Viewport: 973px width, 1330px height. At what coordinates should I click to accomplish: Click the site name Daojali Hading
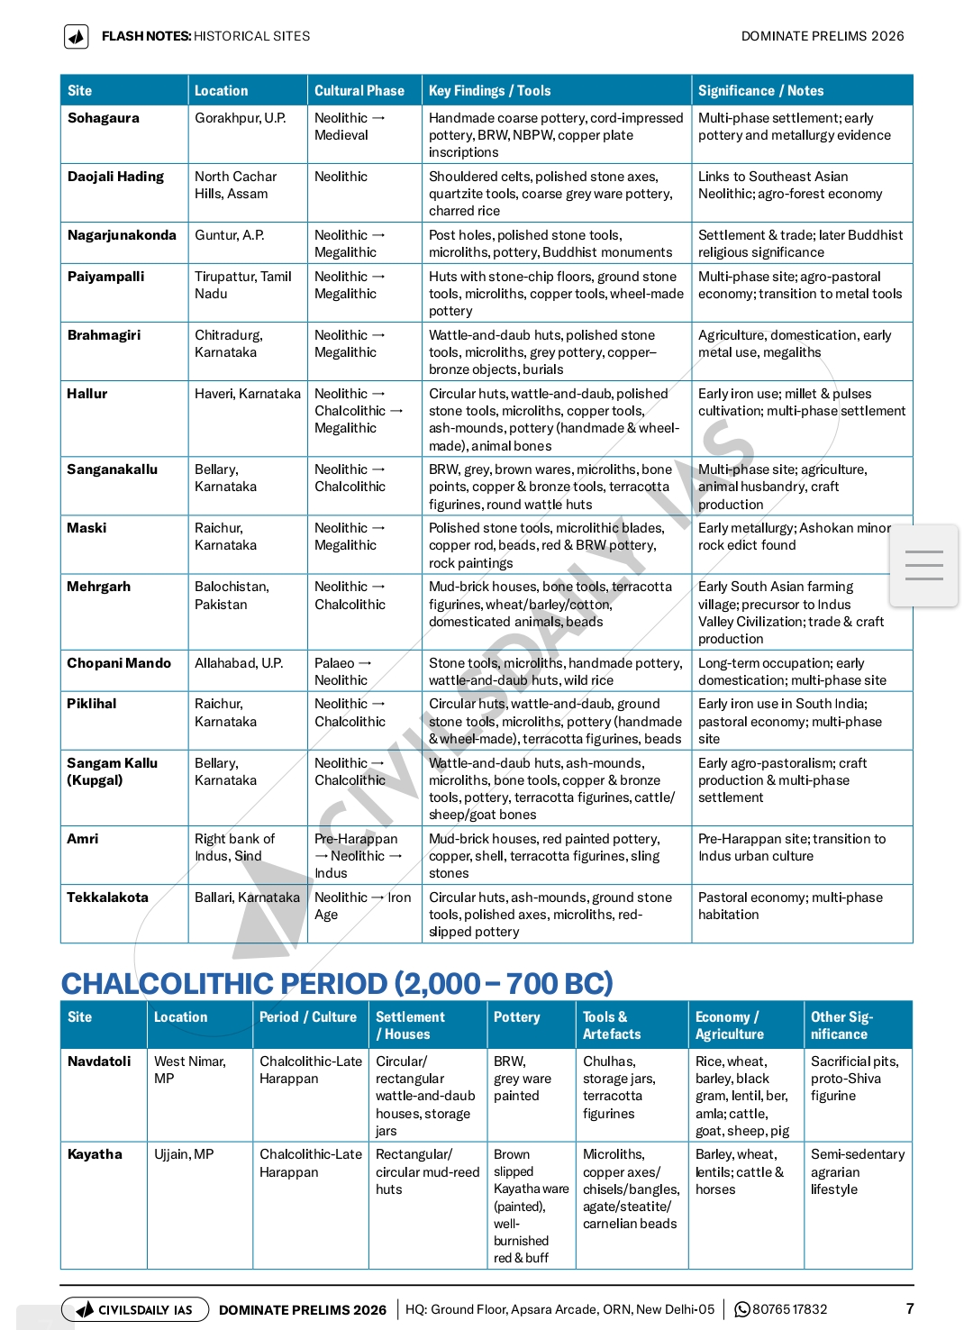[115, 177]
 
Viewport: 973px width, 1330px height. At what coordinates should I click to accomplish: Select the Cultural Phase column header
[359, 91]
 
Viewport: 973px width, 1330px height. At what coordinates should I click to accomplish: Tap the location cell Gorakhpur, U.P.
[240, 118]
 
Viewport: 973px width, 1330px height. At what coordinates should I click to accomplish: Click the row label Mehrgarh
[98, 587]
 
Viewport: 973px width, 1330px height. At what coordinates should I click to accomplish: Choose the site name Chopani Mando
[118, 663]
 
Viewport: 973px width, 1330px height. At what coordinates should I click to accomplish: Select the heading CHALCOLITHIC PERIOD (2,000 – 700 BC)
[337, 983]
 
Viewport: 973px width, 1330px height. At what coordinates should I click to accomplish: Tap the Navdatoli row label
[99, 1061]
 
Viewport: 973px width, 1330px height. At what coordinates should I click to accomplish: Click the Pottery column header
[516, 1017]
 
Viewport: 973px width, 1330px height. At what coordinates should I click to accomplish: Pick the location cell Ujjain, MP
[184, 1154]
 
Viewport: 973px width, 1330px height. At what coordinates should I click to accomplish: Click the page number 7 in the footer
[910, 1308]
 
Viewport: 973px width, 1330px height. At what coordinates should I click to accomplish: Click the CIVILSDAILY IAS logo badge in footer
[135, 1309]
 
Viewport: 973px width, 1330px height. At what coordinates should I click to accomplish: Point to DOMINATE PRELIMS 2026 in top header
[822, 36]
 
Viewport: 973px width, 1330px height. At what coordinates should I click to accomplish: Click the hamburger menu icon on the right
[923, 565]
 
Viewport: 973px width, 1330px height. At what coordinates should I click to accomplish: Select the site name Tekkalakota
[107, 897]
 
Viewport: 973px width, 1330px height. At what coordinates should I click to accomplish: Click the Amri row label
[83, 839]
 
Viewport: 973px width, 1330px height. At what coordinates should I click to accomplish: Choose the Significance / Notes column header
[760, 91]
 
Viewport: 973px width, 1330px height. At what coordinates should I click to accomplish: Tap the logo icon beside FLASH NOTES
[77, 37]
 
